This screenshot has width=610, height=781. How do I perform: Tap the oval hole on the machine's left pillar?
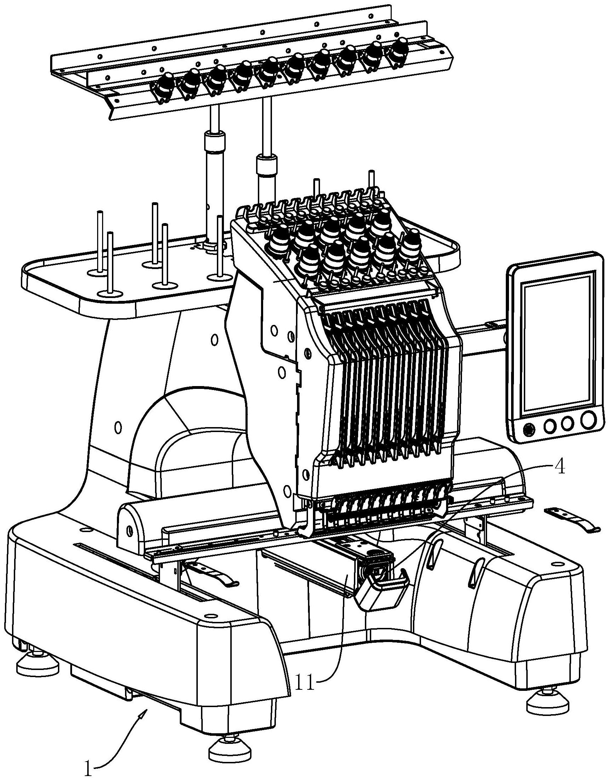pos(118,427)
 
